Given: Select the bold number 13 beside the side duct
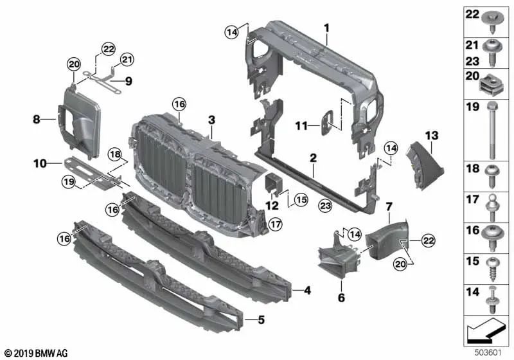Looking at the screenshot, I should tap(430, 135).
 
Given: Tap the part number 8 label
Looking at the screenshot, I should tap(36, 119).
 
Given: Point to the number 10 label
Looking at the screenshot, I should tap(40, 164).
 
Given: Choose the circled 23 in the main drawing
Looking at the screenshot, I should tap(324, 205).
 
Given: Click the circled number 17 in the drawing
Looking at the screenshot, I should tap(275, 224).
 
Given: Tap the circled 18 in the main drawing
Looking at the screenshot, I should tap(114, 154).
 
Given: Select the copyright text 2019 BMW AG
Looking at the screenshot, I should tap(36, 353).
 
